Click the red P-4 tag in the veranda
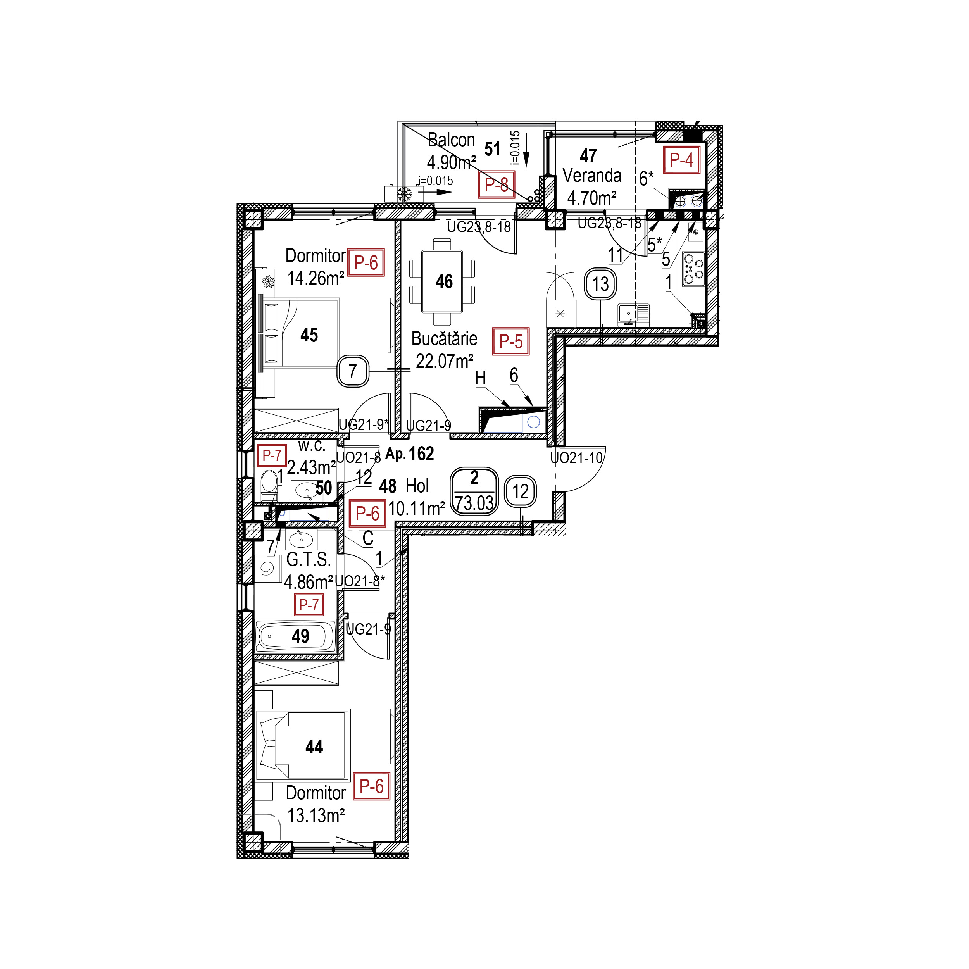click(x=682, y=160)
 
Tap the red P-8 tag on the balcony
click(x=497, y=184)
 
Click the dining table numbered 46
click(x=442, y=281)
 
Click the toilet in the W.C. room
click(x=269, y=484)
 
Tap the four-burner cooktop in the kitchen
click(x=693, y=269)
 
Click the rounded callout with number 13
click(x=600, y=284)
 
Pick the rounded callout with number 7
click(x=353, y=371)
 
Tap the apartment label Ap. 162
click(x=410, y=453)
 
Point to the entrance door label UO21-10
click(x=576, y=457)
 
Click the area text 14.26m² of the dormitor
click(x=316, y=278)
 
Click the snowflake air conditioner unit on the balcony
click(x=404, y=193)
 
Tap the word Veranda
click(x=592, y=176)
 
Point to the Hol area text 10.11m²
click(x=417, y=509)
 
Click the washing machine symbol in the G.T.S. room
click(x=267, y=569)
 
